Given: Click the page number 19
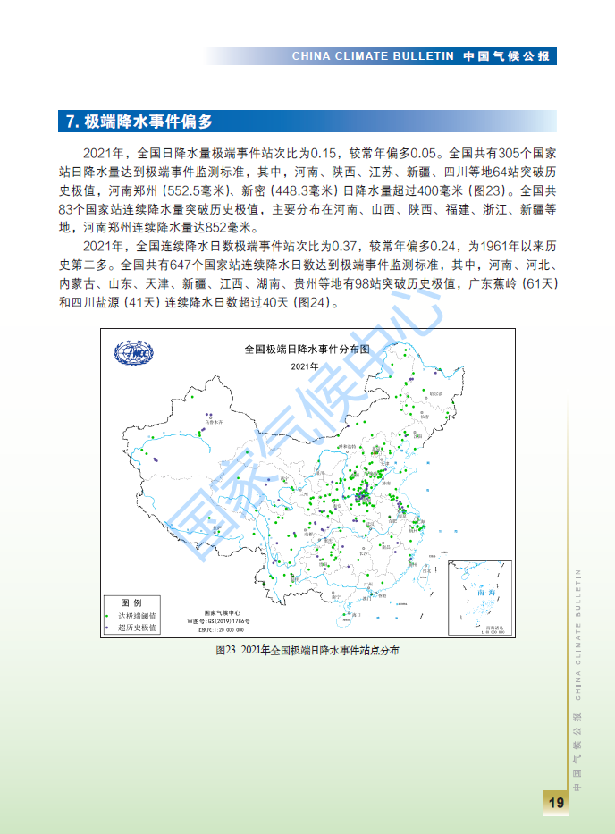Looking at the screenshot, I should click(x=555, y=802).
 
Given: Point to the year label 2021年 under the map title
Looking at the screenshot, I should click(x=304, y=366).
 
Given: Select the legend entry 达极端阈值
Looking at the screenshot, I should click(x=138, y=616).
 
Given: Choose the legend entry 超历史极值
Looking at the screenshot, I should click(x=138, y=628).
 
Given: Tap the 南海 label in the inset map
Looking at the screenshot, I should click(x=486, y=592).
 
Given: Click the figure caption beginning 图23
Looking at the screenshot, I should click(x=307, y=651).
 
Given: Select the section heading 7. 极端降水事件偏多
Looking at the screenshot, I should click(x=139, y=122).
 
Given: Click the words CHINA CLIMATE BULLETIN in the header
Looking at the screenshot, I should click(x=374, y=56).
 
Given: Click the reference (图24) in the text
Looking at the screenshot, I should click(x=313, y=302).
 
